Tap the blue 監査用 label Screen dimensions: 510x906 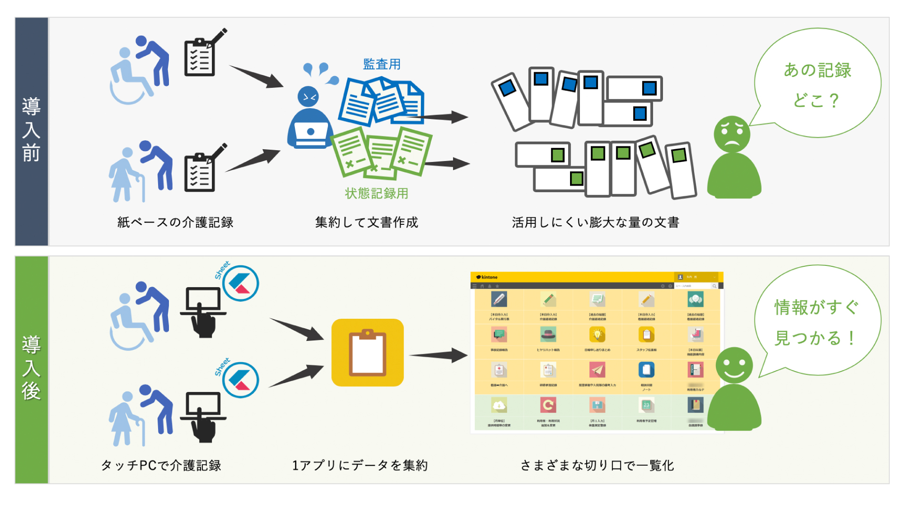coord(382,64)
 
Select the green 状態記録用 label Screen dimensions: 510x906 coord(377,193)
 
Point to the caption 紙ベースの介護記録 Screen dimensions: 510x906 coord(175,222)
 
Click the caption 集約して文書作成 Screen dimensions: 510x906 coord(367,222)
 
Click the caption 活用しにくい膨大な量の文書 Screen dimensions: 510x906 coord(596,222)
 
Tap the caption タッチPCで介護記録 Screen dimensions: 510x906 coord(161,466)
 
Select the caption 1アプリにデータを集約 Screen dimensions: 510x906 coord(360,466)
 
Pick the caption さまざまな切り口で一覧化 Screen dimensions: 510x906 coord(597,466)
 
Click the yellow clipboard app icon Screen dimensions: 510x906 coord(368,353)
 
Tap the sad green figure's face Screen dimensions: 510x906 coord(732,134)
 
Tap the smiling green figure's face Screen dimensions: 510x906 coord(734,365)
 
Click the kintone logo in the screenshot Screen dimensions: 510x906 coord(487,277)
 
